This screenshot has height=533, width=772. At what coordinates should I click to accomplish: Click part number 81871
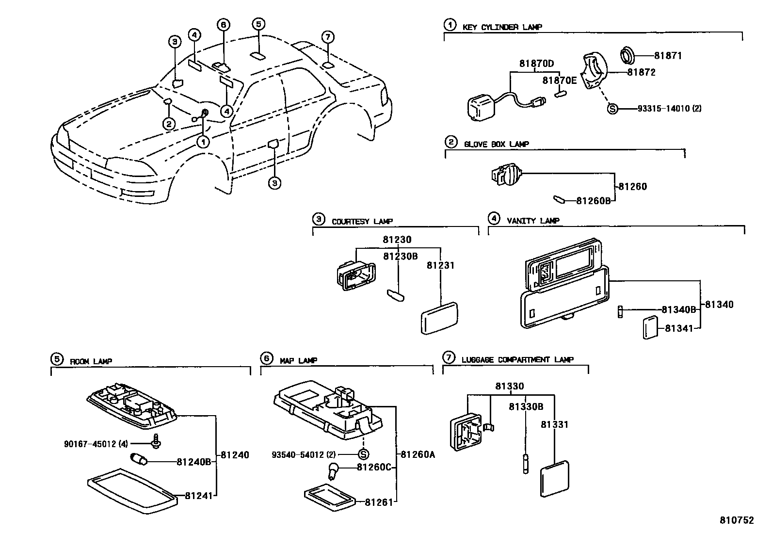click(668, 56)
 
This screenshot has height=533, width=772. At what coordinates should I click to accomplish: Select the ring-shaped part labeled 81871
click(630, 55)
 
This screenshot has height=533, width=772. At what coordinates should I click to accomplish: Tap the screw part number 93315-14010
click(663, 109)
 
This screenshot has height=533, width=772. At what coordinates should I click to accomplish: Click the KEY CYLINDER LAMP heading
click(502, 27)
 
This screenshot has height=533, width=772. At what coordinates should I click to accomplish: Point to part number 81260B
click(593, 201)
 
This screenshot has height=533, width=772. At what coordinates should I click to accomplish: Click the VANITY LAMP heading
click(533, 221)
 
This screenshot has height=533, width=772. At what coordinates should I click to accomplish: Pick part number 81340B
click(679, 309)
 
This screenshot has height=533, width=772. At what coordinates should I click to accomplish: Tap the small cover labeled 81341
click(650, 328)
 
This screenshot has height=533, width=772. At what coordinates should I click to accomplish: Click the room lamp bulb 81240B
click(139, 458)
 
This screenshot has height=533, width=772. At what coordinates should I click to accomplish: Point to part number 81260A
click(418, 454)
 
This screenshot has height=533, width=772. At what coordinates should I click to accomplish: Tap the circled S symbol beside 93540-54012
click(363, 454)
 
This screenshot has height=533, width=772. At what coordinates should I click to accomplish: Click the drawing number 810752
click(736, 520)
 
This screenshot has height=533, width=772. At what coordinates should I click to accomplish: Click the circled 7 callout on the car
click(328, 37)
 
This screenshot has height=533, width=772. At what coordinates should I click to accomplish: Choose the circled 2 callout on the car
click(168, 124)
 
